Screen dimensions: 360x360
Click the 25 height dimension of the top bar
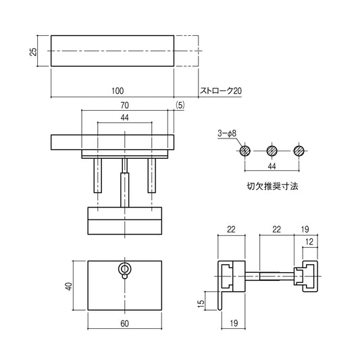[x=33, y=51]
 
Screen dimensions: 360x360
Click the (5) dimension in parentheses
[x=179, y=105]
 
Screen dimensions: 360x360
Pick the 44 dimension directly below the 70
[x=125, y=118]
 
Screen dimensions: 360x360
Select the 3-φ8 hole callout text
[x=226, y=134]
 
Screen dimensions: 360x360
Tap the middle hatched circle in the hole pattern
[x=273, y=151]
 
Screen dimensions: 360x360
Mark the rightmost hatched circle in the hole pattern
[x=299, y=151]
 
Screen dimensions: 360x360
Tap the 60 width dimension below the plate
[x=125, y=324]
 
